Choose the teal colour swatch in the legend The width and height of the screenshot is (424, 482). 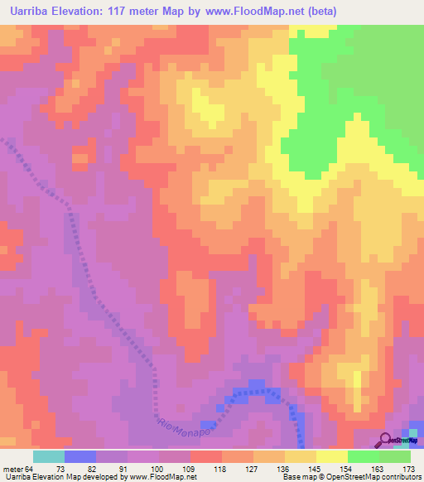pyautogui.click(x=49, y=456)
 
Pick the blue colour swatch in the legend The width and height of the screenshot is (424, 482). pyautogui.click(x=80, y=456)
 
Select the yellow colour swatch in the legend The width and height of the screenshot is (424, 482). pyautogui.click(x=332, y=456)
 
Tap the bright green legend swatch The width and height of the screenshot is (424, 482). pyautogui.click(x=364, y=456)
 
